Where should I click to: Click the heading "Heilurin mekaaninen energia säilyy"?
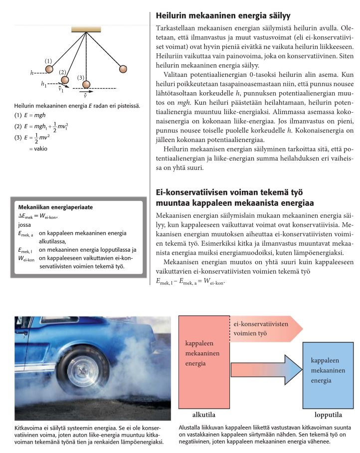click(x=223, y=15)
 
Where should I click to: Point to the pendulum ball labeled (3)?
click(x=86, y=85)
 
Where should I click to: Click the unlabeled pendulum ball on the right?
click(x=123, y=68)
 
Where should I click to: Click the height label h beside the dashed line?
click(x=32, y=73)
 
